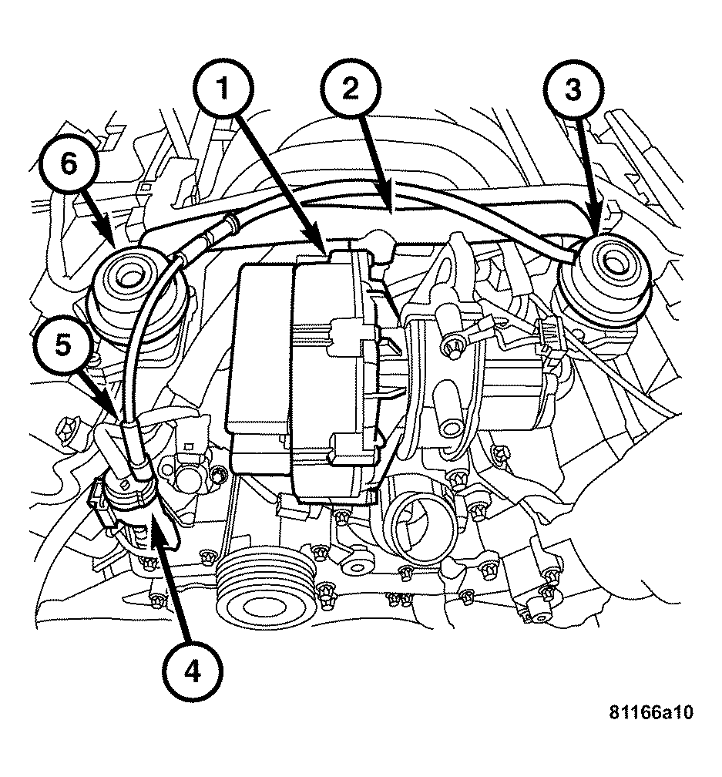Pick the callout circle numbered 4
[191, 671]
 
